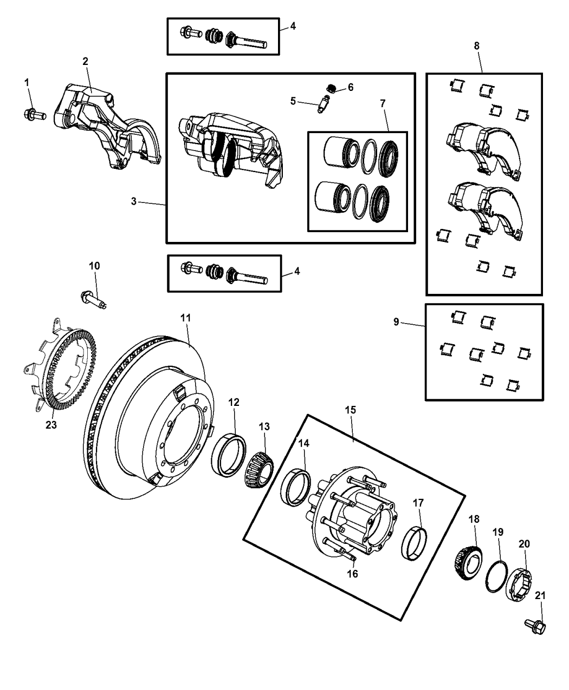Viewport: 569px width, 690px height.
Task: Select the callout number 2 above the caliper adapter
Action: coord(85,61)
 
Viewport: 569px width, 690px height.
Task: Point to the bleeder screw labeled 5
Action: coord(323,103)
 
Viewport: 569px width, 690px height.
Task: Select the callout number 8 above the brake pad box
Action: coord(476,46)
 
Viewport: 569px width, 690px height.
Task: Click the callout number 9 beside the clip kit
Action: coord(396,322)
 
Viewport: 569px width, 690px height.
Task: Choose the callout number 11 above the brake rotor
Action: coord(185,318)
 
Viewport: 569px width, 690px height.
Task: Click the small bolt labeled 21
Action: coord(535,626)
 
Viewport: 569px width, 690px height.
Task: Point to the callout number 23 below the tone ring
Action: coord(51,425)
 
